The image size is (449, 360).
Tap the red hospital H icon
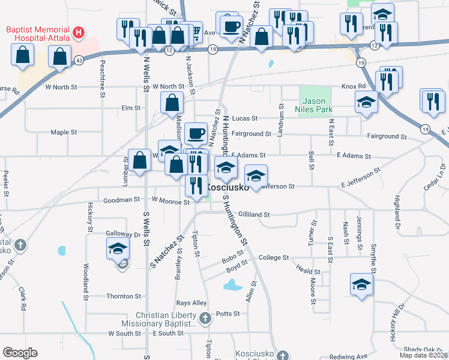[x=77, y=31]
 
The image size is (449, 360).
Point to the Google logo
[x=20, y=353]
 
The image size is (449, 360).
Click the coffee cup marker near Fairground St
[x=195, y=134]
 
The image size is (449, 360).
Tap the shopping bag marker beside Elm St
[x=172, y=103]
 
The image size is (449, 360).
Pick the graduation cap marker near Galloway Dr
[x=118, y=248]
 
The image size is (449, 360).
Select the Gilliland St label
[x=254, y=214]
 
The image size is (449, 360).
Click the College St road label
[x=274, y=257]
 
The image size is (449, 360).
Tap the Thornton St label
[x=123, y=296]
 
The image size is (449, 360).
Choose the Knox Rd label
[x=353, y=86]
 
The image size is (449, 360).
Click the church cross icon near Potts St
[x=205, y=318]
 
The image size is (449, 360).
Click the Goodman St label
[x=122, y=200]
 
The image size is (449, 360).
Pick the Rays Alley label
[x=191, y=303]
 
